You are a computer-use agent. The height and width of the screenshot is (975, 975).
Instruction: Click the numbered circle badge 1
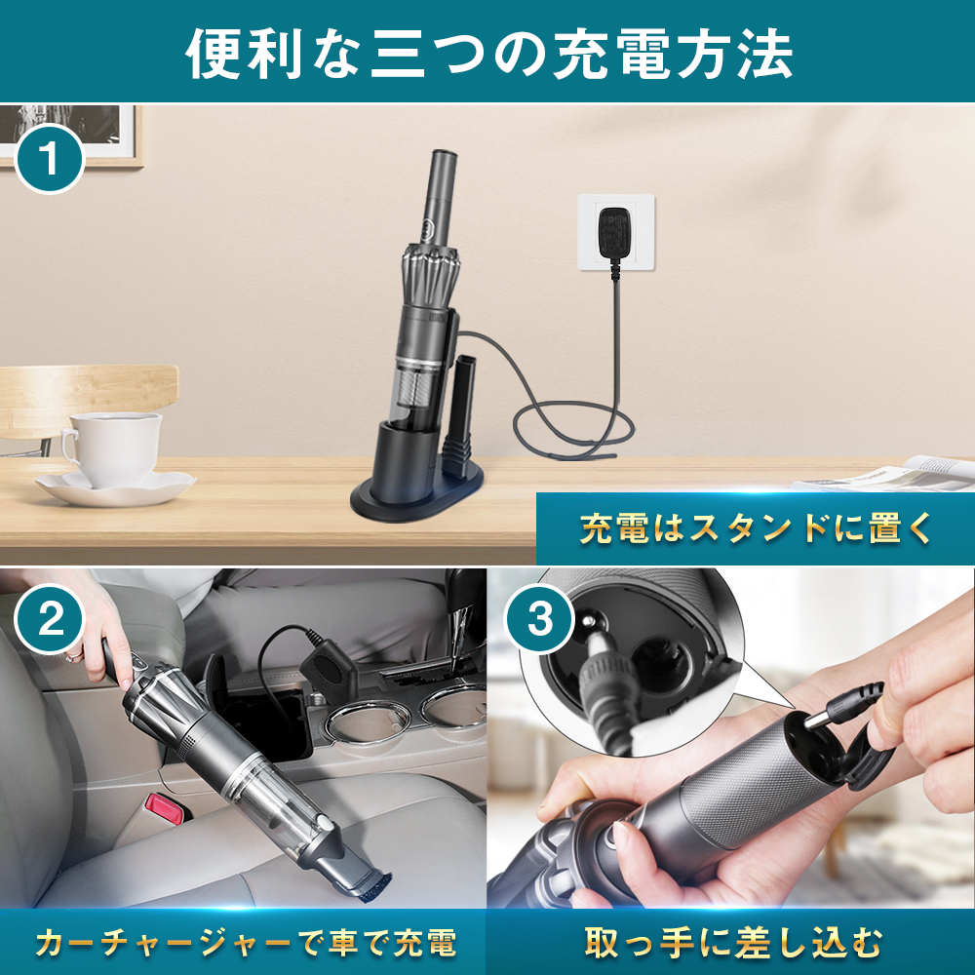[x=50, y=159]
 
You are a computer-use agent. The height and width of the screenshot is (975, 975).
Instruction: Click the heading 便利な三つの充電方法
[x=487, y=53]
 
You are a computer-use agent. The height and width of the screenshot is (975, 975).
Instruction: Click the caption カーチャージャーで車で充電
[x=244, y=943]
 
